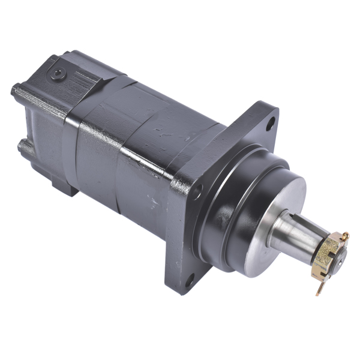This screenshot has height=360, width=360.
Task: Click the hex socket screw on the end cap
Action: pyautogui.click(x=58, y=74)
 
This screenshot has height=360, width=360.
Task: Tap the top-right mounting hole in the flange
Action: pyautogui.click(x=270, y=124)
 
